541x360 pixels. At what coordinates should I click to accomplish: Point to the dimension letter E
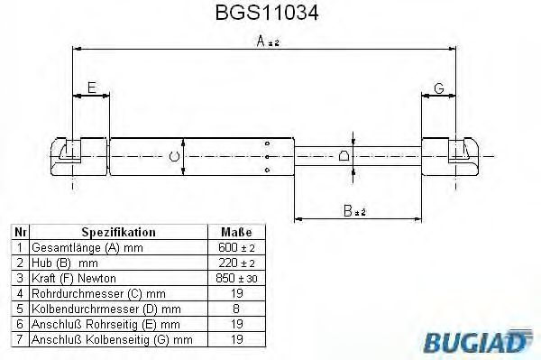pyautogui.click(x=91, y=88)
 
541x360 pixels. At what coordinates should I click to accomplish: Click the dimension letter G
pyautogui.click(x=438, y=88)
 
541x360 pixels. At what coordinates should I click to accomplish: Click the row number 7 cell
pyautogui.click(x=19, y=339)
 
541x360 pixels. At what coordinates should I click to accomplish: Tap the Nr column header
pyautogui.click(x=19, y=231)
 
